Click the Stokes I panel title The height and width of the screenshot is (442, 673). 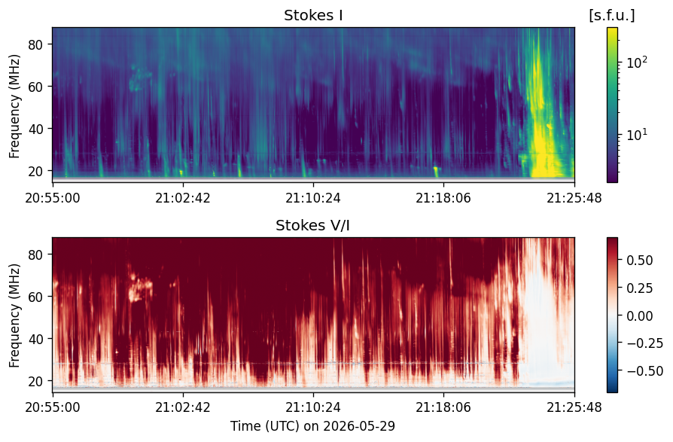(313, 16)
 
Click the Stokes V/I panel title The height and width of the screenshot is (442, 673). (313, 225)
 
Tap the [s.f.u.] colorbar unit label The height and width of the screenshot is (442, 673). (611, 16)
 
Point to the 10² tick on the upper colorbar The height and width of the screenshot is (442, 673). (637, 62)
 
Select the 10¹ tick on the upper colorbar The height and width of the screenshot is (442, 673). (637, 135)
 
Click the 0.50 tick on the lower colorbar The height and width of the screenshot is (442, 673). (640, 261)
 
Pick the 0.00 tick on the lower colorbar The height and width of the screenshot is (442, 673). (640, 315)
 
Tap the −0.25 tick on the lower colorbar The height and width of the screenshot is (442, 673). (644, 343)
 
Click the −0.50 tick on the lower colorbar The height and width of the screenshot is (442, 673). (644, 370)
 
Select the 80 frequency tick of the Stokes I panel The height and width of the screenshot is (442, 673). (35, 44)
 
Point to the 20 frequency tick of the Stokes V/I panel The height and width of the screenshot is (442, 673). (35, 381)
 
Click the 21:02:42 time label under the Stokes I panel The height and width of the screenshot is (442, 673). (183, 198)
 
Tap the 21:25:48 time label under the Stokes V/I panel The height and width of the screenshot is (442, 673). (574, 407)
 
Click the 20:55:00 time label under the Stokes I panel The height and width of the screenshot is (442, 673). (53, 198)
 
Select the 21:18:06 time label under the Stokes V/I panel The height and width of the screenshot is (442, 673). (443, 407)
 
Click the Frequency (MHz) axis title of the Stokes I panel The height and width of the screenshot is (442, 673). (14, 106)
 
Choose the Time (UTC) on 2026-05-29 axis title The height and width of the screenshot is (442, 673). (313, 426)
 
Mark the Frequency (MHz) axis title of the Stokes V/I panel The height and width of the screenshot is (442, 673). (14, 315)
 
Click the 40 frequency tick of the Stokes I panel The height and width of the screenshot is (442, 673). (35, 129)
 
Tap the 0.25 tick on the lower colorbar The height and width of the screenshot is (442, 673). (640, 288)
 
